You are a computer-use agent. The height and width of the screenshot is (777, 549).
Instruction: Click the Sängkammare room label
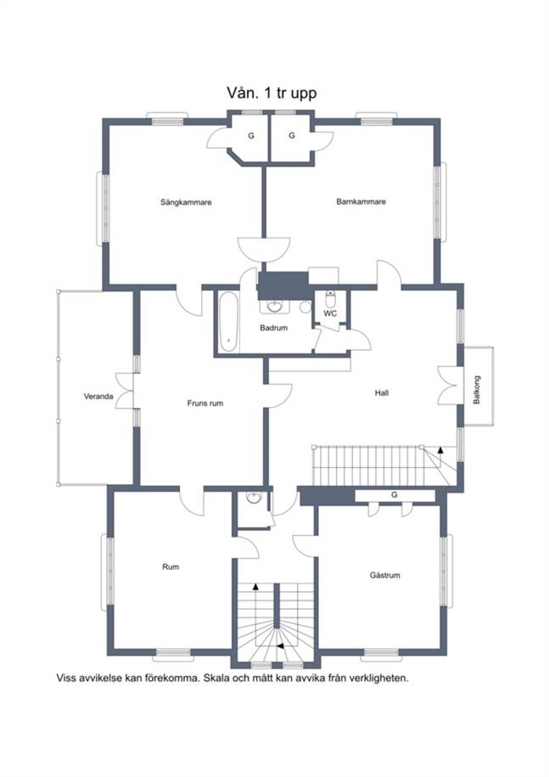186,202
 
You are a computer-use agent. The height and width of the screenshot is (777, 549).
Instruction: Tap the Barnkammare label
361,202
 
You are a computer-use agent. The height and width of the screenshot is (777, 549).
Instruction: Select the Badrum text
273,328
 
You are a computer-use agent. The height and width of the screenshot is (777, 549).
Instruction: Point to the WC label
330,313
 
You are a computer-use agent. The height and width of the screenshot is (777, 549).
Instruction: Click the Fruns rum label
205,403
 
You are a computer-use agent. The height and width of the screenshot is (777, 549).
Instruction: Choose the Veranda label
98,397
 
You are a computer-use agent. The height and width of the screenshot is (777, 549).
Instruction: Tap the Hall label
382,393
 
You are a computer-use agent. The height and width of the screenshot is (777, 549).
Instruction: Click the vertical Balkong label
477,390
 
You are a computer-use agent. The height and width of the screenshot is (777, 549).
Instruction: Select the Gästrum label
384,575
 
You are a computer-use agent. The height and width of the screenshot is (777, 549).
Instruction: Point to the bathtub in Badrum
229,322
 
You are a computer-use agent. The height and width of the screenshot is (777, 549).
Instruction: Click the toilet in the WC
331,298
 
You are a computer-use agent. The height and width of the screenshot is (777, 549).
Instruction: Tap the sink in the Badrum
274,306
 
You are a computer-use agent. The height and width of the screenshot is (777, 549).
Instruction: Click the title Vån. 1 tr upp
272,93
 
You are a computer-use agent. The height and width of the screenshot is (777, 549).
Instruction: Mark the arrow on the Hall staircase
440,450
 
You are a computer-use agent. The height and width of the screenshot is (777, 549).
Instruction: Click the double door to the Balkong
450,386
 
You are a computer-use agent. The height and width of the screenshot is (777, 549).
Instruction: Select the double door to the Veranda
124,391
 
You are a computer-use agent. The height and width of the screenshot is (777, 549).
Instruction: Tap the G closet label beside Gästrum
395,494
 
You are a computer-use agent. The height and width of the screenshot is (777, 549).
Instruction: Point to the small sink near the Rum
254,498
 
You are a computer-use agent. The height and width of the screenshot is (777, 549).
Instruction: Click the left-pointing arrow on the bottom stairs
280,646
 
